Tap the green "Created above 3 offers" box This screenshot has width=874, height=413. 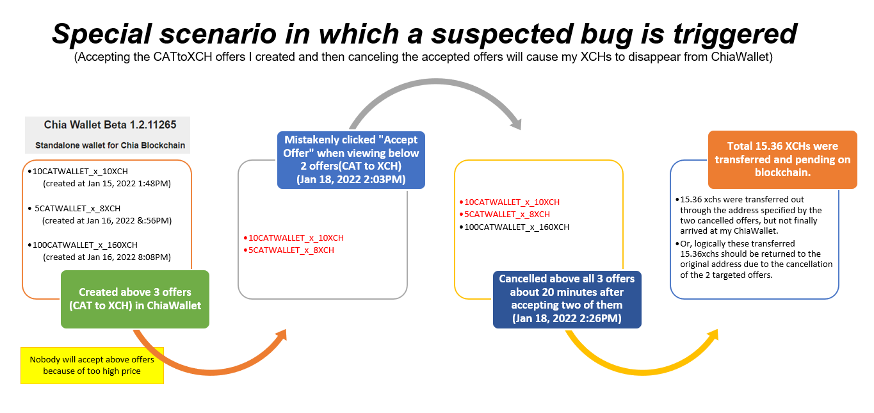click(135, 299)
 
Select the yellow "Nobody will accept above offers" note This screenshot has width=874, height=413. click(92, 366)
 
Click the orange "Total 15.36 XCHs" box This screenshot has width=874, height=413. click(782, 159)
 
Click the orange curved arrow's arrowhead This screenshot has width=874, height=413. click(281, 335)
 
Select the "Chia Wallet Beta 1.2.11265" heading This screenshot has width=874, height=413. click(110, 124)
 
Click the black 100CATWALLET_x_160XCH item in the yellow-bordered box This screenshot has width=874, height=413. click(517, 227)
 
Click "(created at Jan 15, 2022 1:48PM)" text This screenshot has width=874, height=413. click(107, 184)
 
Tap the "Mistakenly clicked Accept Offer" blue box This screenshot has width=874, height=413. click(351, 159)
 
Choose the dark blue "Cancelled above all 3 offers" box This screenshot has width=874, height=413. click(567, 299)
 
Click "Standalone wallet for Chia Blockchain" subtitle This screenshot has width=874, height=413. click(110, 145)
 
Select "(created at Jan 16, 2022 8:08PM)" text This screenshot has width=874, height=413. click(107, 257)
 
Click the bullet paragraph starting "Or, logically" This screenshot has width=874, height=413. click(754, 259)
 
